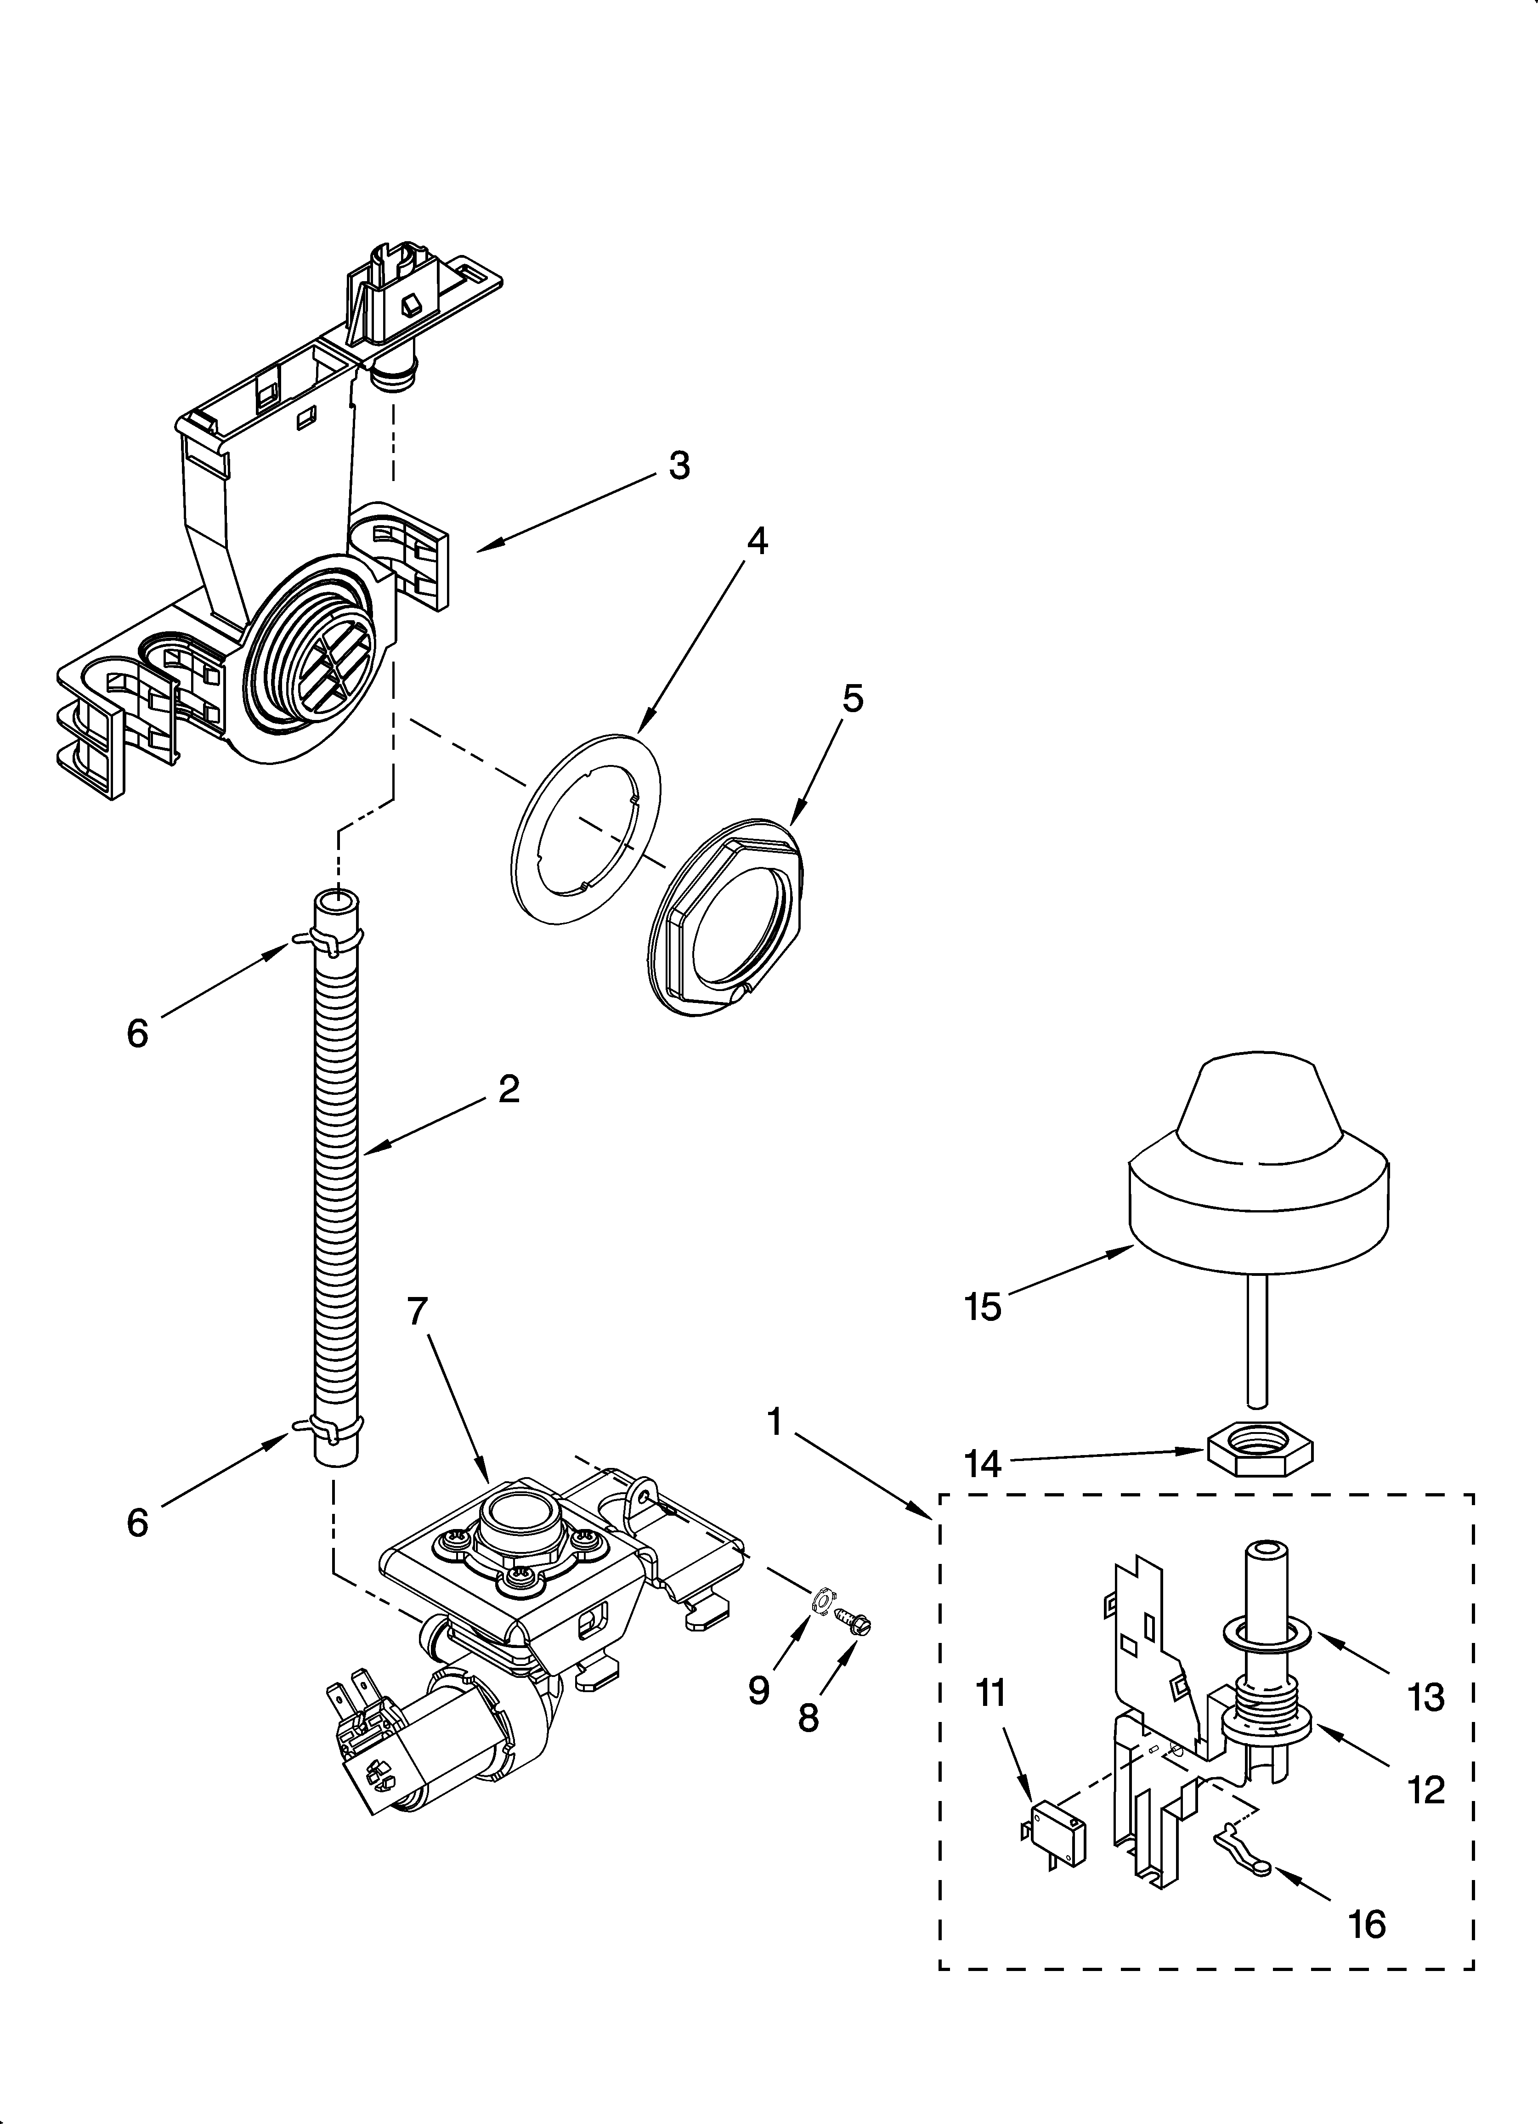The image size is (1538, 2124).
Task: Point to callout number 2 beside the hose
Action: (x=509, y=1088)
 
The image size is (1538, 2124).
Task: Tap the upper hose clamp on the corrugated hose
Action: (x=328, y=939)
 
